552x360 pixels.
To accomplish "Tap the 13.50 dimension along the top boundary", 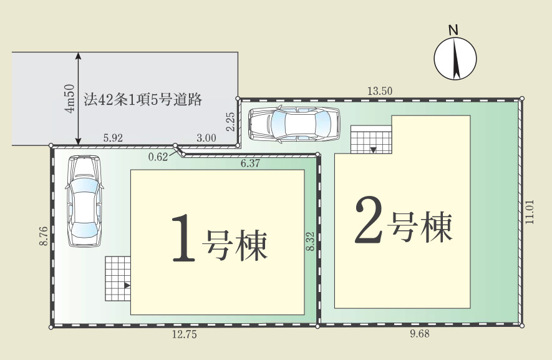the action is pos(380,91).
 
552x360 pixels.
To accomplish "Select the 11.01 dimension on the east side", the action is pos(530,212).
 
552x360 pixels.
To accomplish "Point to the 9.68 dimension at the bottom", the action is pos(420,334).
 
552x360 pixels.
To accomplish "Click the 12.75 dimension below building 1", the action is pos(185,334).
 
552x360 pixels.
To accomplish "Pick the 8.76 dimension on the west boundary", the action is pos(44,236).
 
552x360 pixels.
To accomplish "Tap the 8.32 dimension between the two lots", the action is pos(310,241).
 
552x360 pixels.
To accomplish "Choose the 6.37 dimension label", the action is pos(250,163).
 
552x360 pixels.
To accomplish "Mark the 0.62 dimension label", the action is pos(158,157).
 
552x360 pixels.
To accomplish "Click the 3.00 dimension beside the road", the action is pos(206,138).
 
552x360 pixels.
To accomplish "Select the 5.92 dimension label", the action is pos(113,138).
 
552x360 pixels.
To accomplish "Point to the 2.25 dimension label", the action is pos(231,122).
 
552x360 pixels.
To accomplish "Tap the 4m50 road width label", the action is pos(70,99).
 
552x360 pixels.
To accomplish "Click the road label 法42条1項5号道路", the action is pos(143,100).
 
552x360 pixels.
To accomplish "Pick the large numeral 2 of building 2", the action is pos(369,220).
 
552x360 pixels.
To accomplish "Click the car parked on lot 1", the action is pos(84,201).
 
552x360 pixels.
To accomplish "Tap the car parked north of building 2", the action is pos(294,124).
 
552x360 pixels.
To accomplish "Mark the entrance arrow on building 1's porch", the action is pos(127,286).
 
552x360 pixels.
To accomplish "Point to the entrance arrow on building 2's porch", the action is pos(373,150).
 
